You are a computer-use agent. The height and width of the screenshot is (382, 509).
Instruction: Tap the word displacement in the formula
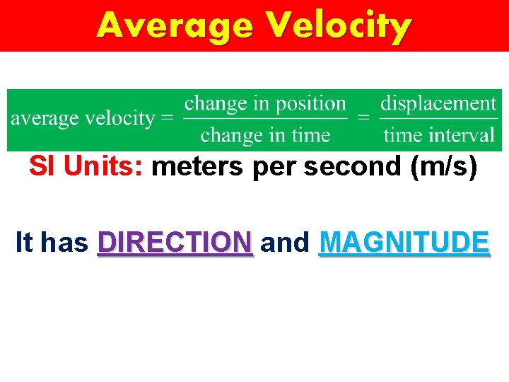pyautogui.click(x=438, y=103)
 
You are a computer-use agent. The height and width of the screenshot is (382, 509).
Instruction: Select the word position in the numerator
pyautogui.click(x=311, y=103)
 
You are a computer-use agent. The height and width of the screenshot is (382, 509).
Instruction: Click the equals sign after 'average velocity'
pyautogui.click(x=168, y=118)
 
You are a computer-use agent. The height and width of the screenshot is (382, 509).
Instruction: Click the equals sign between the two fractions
pyautogui.click(x=363, y=118)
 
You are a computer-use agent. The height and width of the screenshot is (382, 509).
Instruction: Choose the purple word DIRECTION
pyautogui.click(x=175, y=243)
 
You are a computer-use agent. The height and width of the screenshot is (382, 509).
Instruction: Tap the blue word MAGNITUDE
pyautogui.click(x=404, y=243)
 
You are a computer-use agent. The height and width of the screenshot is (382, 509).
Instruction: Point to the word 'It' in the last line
pyautogui.click(x=23, y=243)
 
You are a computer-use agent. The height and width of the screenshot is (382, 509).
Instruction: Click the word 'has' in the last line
pyautogui.click(x=64, y=243)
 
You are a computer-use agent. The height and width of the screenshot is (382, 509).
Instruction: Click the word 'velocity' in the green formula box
pyautogui.click(x=123, y=118)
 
